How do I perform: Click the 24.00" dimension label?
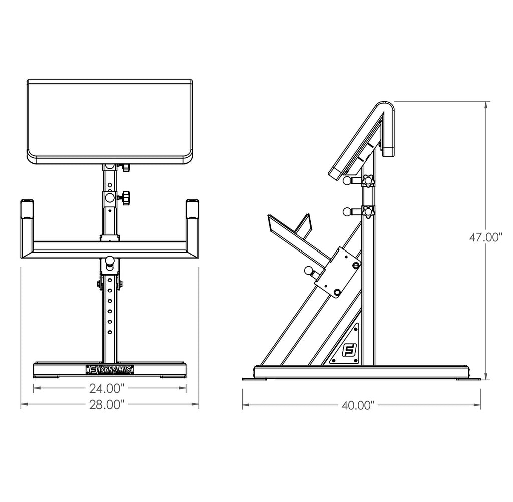point(107,388)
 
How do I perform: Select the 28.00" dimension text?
point(107,405)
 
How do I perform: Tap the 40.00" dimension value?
point(358,405)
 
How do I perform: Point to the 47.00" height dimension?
point(486,237)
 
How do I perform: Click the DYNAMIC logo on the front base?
point(110,370)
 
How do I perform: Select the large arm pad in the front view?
point(110,121)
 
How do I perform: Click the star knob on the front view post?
point(125,198)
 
